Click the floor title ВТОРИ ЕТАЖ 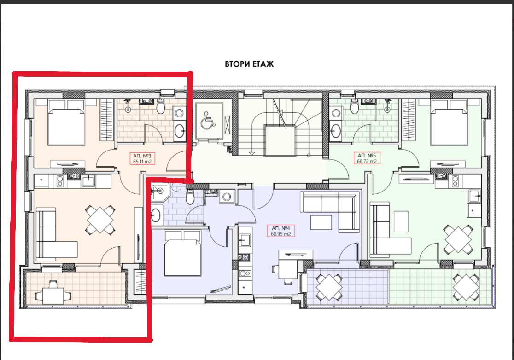(249, 64)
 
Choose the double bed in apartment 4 (182, 253)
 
